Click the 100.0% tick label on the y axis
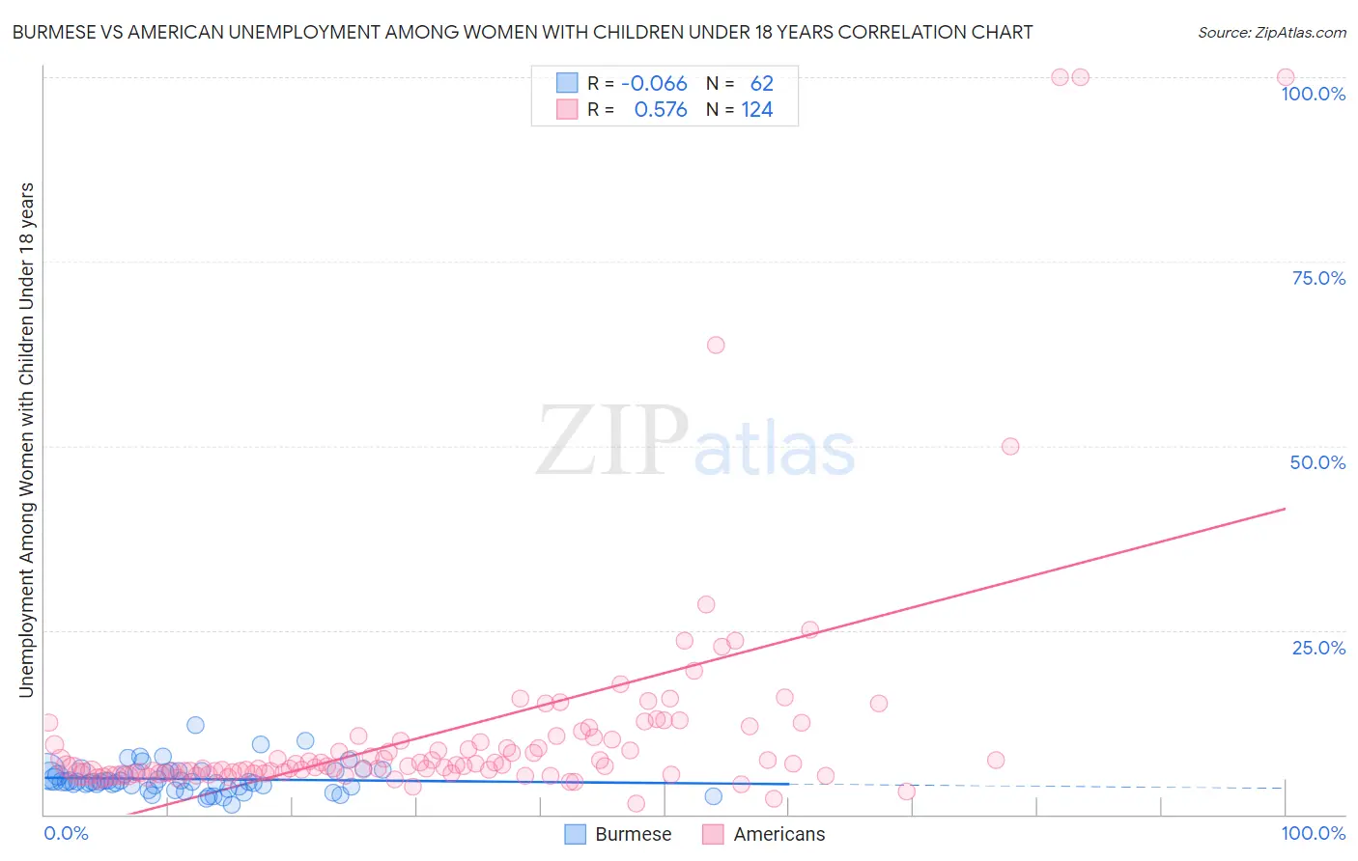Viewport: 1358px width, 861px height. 1313,94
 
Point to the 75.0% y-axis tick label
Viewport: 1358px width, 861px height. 1318,278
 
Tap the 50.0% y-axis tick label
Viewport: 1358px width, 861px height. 1317,462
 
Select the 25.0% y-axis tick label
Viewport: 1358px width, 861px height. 1318,648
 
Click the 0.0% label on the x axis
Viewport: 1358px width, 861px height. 66,833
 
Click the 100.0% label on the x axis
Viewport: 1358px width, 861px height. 1313,833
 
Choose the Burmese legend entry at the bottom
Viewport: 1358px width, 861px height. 618,834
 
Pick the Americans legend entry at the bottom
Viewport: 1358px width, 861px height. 764,834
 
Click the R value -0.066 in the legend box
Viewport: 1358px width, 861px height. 654,83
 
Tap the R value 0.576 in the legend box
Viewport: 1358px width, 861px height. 661,110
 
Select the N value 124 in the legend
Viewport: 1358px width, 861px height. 757,110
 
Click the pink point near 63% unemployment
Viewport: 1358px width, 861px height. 716,345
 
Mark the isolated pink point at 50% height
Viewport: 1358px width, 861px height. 1010,446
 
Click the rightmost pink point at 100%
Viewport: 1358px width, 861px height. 1286,77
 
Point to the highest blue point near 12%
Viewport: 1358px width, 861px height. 195,725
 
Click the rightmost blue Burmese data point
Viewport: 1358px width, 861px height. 713,796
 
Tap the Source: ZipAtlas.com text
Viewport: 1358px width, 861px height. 1271,32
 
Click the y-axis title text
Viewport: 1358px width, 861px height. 26,439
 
